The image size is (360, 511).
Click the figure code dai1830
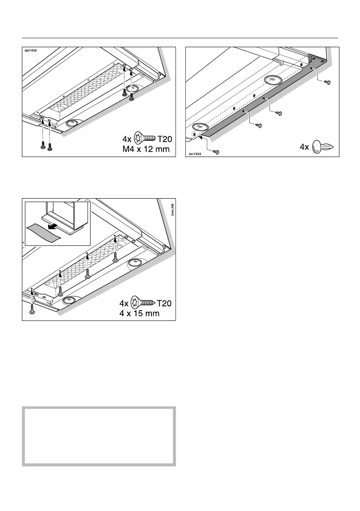click(x=31, y=51)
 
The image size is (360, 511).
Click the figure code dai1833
click(x=195, y=153)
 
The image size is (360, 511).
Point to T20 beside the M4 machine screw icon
click(x=164, y=138)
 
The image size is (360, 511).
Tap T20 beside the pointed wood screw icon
click(x=164, y=303)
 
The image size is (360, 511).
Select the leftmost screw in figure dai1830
click(x=42, y=146)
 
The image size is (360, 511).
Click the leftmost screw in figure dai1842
click(x=32, y=311)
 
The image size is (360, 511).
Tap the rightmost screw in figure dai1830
click(x=132, y=100)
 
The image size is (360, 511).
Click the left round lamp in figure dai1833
click(x=199, y=127)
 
